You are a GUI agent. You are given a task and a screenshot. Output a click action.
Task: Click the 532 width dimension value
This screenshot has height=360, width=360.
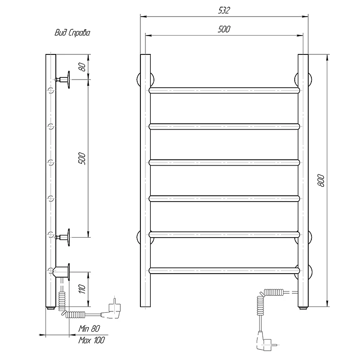(x=224, y=10)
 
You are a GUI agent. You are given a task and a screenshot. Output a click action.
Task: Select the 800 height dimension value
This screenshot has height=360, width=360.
(x=321, y=180)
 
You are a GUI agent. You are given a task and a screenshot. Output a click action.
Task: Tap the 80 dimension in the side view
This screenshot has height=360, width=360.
(x=82, y=67)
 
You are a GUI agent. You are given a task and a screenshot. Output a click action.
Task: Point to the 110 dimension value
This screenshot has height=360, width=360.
(x=82, y=288)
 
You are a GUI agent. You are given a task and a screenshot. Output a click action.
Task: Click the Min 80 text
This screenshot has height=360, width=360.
(x=89, y=328)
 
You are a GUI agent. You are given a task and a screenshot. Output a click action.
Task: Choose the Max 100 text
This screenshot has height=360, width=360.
(x=91, y=340)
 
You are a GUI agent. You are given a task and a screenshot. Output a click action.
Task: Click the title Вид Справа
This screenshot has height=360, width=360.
(x=72, y=33)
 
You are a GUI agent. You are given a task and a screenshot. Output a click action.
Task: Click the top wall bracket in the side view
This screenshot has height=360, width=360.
(x=63, y=80)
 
